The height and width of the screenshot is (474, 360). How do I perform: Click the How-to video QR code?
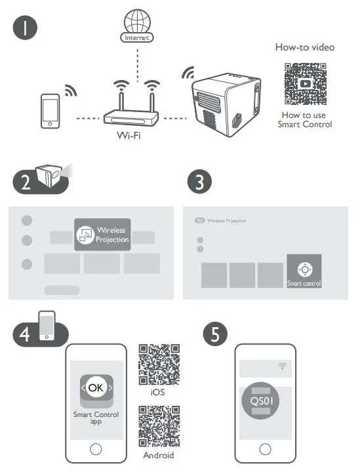pyautogui.click(x=305, y=83)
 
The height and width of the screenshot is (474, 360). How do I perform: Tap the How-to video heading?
pyautogui.click(x=304, y=47)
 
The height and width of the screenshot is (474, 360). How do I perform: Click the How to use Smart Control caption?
pyautogui.click(x=305, y=119)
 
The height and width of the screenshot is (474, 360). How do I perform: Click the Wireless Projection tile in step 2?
pyautogui.click(x=102, y=235)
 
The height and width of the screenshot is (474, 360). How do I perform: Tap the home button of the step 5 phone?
pyautogui.click(x=265, y=449)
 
